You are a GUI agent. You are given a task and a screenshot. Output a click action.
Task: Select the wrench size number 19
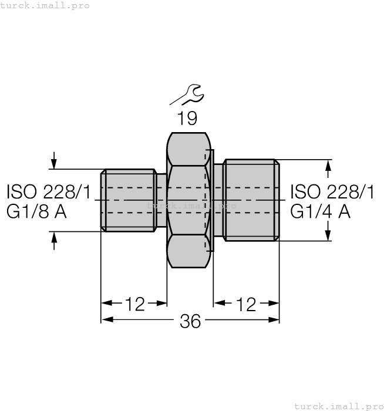coord(187,118)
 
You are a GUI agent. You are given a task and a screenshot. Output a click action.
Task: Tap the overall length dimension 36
coord(190,321)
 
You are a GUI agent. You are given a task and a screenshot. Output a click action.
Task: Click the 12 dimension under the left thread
coord(134,304)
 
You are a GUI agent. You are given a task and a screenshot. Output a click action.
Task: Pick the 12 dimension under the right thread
coord(247,304)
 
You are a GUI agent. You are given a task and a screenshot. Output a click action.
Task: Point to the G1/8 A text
coord(36,211)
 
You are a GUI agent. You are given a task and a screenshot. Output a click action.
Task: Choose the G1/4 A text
coord(320,211)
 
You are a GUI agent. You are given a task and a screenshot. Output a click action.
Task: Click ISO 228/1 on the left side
coord(49,191)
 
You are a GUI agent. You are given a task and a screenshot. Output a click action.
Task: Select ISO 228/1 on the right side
coord(332,191)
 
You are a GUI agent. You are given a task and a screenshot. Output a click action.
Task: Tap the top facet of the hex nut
coord(188,149)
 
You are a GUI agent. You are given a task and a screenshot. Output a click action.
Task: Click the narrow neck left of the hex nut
coord(161,200)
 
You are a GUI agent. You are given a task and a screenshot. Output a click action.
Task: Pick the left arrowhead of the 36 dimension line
coord(106,320)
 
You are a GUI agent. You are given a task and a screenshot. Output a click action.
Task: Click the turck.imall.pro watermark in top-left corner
coord(45,5)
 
